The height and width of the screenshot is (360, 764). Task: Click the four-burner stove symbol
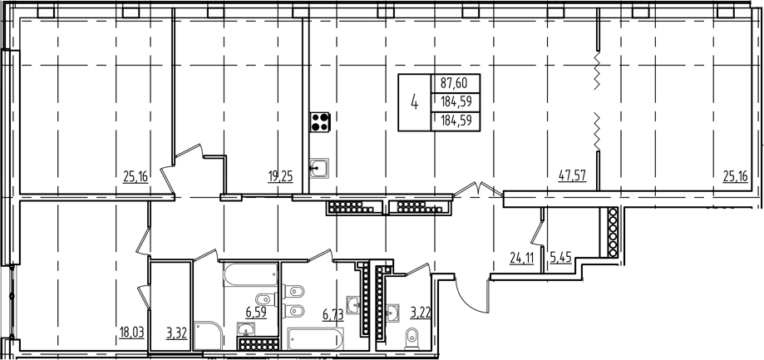[320, 122]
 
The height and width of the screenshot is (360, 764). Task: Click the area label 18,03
[131, 333]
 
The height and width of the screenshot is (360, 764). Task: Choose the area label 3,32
[176, 333]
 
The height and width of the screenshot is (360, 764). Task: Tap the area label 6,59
[255, 314]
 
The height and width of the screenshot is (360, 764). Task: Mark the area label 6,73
[333, 314]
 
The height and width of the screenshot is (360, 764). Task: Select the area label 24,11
[522, 256]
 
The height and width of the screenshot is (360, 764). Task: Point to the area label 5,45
[560, 256]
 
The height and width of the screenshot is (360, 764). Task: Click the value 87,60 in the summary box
[453, 82]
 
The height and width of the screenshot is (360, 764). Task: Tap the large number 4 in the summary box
[414, 103]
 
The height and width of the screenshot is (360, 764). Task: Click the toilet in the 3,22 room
[412, 338]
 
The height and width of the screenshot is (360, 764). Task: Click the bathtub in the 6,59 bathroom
[249, 274]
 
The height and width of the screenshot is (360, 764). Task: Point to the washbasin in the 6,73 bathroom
[355, 305]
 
